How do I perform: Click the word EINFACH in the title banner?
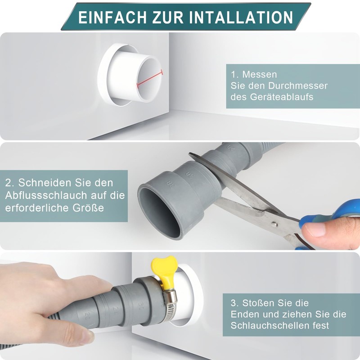(112, 17)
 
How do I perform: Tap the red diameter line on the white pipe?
(150, 79)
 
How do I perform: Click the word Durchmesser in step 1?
(298, 85)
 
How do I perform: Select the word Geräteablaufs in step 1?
(282, 97)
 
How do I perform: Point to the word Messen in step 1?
(260, 74)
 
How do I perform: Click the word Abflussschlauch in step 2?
(46, 195)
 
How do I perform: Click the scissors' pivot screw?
(274, 223)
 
